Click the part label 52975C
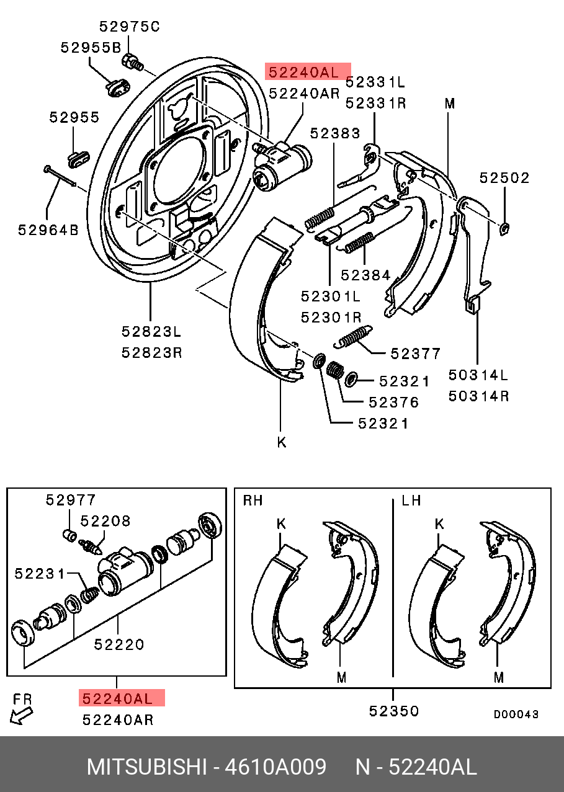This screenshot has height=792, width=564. pos(129,26)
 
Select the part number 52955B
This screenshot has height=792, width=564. pos(91,47)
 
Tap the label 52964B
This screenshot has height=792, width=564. pos(48,230)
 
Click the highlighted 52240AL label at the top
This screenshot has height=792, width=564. pos(308,71)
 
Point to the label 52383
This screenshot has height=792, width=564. pos(335,133)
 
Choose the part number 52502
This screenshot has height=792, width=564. pos(504,178)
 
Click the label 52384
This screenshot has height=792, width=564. pos(365,275)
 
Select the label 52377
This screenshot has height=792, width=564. pos(415,354)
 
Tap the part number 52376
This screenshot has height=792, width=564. pos(393,402)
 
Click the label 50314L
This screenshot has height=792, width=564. pos(478,375)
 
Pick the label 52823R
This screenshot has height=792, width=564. pos(151,352)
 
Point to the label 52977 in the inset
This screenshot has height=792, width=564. pos(71,500)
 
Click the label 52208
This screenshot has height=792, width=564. pos(105,521)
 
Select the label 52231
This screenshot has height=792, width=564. pos(40,574)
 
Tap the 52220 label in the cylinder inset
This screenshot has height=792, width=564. pos(119,644)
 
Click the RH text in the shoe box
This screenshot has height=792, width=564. pos(253,500)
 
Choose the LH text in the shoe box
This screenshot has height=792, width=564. pos(411,500)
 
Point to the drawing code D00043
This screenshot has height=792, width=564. pos(516,714)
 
